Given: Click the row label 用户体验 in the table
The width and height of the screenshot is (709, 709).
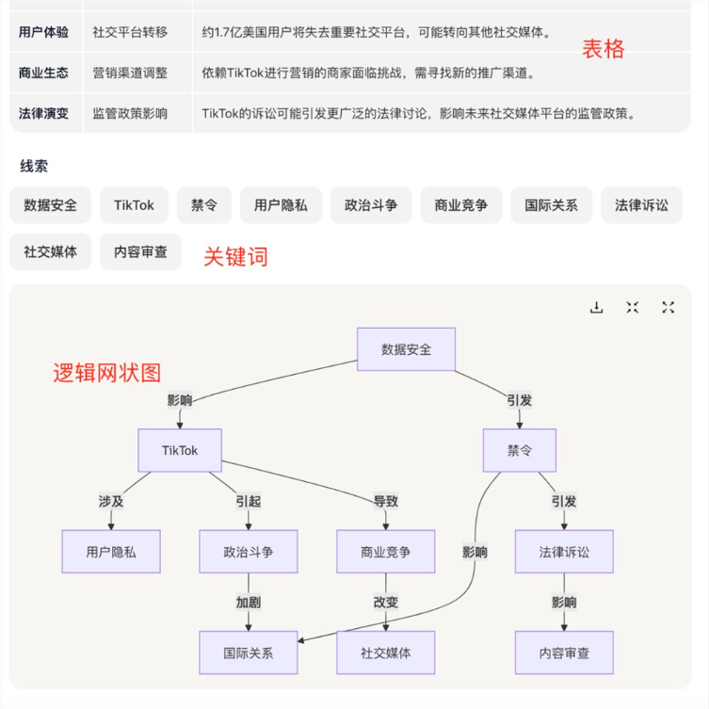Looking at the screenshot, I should (43, 32).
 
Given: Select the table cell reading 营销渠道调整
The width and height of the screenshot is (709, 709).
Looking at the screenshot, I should (130, 73).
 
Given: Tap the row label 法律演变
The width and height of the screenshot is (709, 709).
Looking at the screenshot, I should (43, 113).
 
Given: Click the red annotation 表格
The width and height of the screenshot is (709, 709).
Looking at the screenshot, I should (603, 49).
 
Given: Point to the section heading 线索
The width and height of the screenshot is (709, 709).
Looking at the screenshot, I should (34, 166).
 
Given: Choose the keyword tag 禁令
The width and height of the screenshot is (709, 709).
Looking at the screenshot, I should (204, 204).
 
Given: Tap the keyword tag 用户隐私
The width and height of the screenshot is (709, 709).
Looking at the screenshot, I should (281, 204).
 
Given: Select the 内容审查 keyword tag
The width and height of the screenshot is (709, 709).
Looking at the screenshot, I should (140, 251).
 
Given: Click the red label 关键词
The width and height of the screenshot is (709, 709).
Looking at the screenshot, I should (235, 256).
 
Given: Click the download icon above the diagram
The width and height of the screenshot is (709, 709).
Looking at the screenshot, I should (596, 307).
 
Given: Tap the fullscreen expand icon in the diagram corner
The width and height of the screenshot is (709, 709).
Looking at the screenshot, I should (669, 307).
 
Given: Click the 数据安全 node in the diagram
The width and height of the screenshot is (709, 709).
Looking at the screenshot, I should (406, 349).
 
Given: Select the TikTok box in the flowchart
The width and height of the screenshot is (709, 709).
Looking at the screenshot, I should (180, 451).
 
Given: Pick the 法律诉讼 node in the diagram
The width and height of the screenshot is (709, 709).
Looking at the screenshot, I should (564, 552).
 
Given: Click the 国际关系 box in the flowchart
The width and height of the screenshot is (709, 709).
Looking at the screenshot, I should (249, 653).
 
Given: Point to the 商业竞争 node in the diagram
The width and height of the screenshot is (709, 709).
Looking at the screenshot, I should (385, 552).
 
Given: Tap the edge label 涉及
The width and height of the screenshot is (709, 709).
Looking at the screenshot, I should (111, 502).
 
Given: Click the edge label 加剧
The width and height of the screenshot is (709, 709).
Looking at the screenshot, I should (249, 603).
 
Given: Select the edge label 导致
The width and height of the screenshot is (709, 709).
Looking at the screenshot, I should (386, 502).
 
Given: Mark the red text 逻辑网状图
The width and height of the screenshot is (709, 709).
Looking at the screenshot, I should (107, 373).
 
